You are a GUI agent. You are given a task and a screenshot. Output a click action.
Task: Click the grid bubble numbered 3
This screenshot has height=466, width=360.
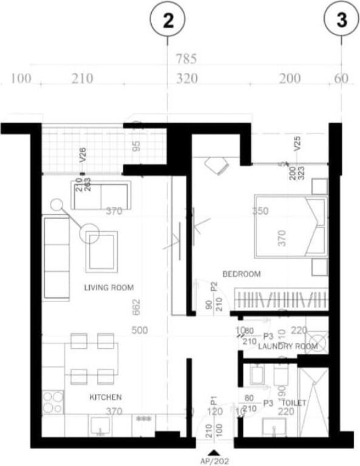coord(342,20)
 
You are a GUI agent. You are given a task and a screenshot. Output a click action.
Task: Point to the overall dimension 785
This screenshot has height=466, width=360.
coord(186,59)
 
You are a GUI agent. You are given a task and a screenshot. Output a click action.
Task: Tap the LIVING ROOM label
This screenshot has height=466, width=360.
coord(109,288)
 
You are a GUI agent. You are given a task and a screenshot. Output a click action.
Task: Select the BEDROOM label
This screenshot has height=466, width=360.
coord(242,274)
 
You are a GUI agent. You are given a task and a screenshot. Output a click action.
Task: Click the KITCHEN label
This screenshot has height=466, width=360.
coord(106,397)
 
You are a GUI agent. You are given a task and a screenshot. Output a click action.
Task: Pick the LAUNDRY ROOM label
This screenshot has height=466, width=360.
coord(288,346)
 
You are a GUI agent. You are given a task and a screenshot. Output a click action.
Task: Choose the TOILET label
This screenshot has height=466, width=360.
coord(293,403)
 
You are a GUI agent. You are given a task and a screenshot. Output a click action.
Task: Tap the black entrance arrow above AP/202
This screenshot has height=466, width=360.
coord(213,452)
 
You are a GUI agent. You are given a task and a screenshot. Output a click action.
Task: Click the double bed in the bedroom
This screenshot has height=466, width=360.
coord(290,226)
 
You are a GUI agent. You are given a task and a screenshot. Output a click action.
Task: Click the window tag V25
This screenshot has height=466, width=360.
coord(297,143)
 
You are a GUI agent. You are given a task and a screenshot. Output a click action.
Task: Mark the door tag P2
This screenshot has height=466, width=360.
coord(214,287)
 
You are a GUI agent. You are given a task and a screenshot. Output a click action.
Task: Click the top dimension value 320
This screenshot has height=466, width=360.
coord(187,78)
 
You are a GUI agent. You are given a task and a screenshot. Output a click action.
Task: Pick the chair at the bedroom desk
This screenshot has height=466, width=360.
coord(216,165)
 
